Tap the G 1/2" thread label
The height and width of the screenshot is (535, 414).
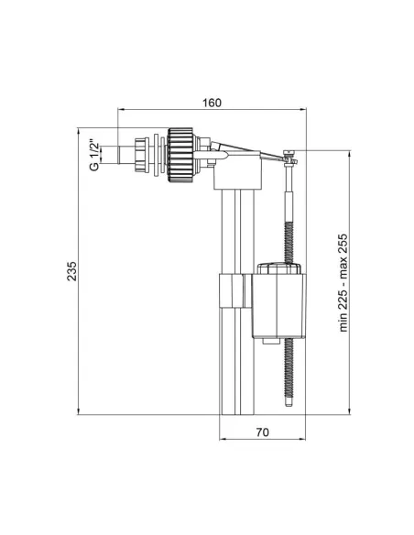tap(93, 153)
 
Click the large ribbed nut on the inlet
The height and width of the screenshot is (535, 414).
tap(183, 153)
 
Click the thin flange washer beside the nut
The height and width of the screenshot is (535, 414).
tap(159, 153)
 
